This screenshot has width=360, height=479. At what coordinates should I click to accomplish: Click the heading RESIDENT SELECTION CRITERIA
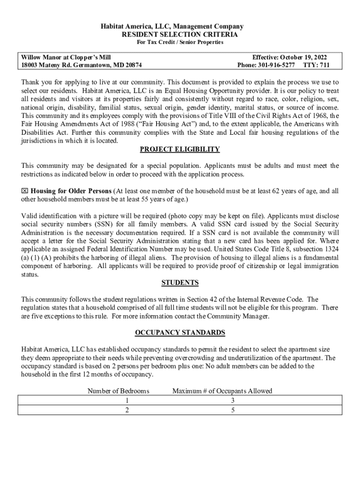pos(180,35)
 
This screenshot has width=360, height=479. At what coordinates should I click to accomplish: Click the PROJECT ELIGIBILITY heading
pos(180,150)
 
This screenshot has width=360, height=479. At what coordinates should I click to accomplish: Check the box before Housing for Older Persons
pos(25,191)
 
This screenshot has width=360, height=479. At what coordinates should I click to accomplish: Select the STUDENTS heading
pos(180,283)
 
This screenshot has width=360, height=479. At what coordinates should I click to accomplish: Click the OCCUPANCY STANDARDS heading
pos(180,333)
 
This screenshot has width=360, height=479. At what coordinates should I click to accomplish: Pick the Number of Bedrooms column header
pos(118,391)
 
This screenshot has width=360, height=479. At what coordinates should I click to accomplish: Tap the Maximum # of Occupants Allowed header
pos(222,391)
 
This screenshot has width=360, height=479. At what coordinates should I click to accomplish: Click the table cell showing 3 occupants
pos(232,401)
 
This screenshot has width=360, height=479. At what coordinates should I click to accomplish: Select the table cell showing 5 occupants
pos(232,410)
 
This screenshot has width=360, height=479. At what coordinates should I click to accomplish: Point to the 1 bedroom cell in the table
pos(127,401)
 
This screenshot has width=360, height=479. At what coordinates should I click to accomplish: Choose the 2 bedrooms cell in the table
pos(127,410)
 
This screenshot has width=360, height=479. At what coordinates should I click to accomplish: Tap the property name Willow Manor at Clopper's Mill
pos(66,57)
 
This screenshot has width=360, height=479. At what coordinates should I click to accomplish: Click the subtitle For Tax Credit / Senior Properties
pos(180,43)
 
